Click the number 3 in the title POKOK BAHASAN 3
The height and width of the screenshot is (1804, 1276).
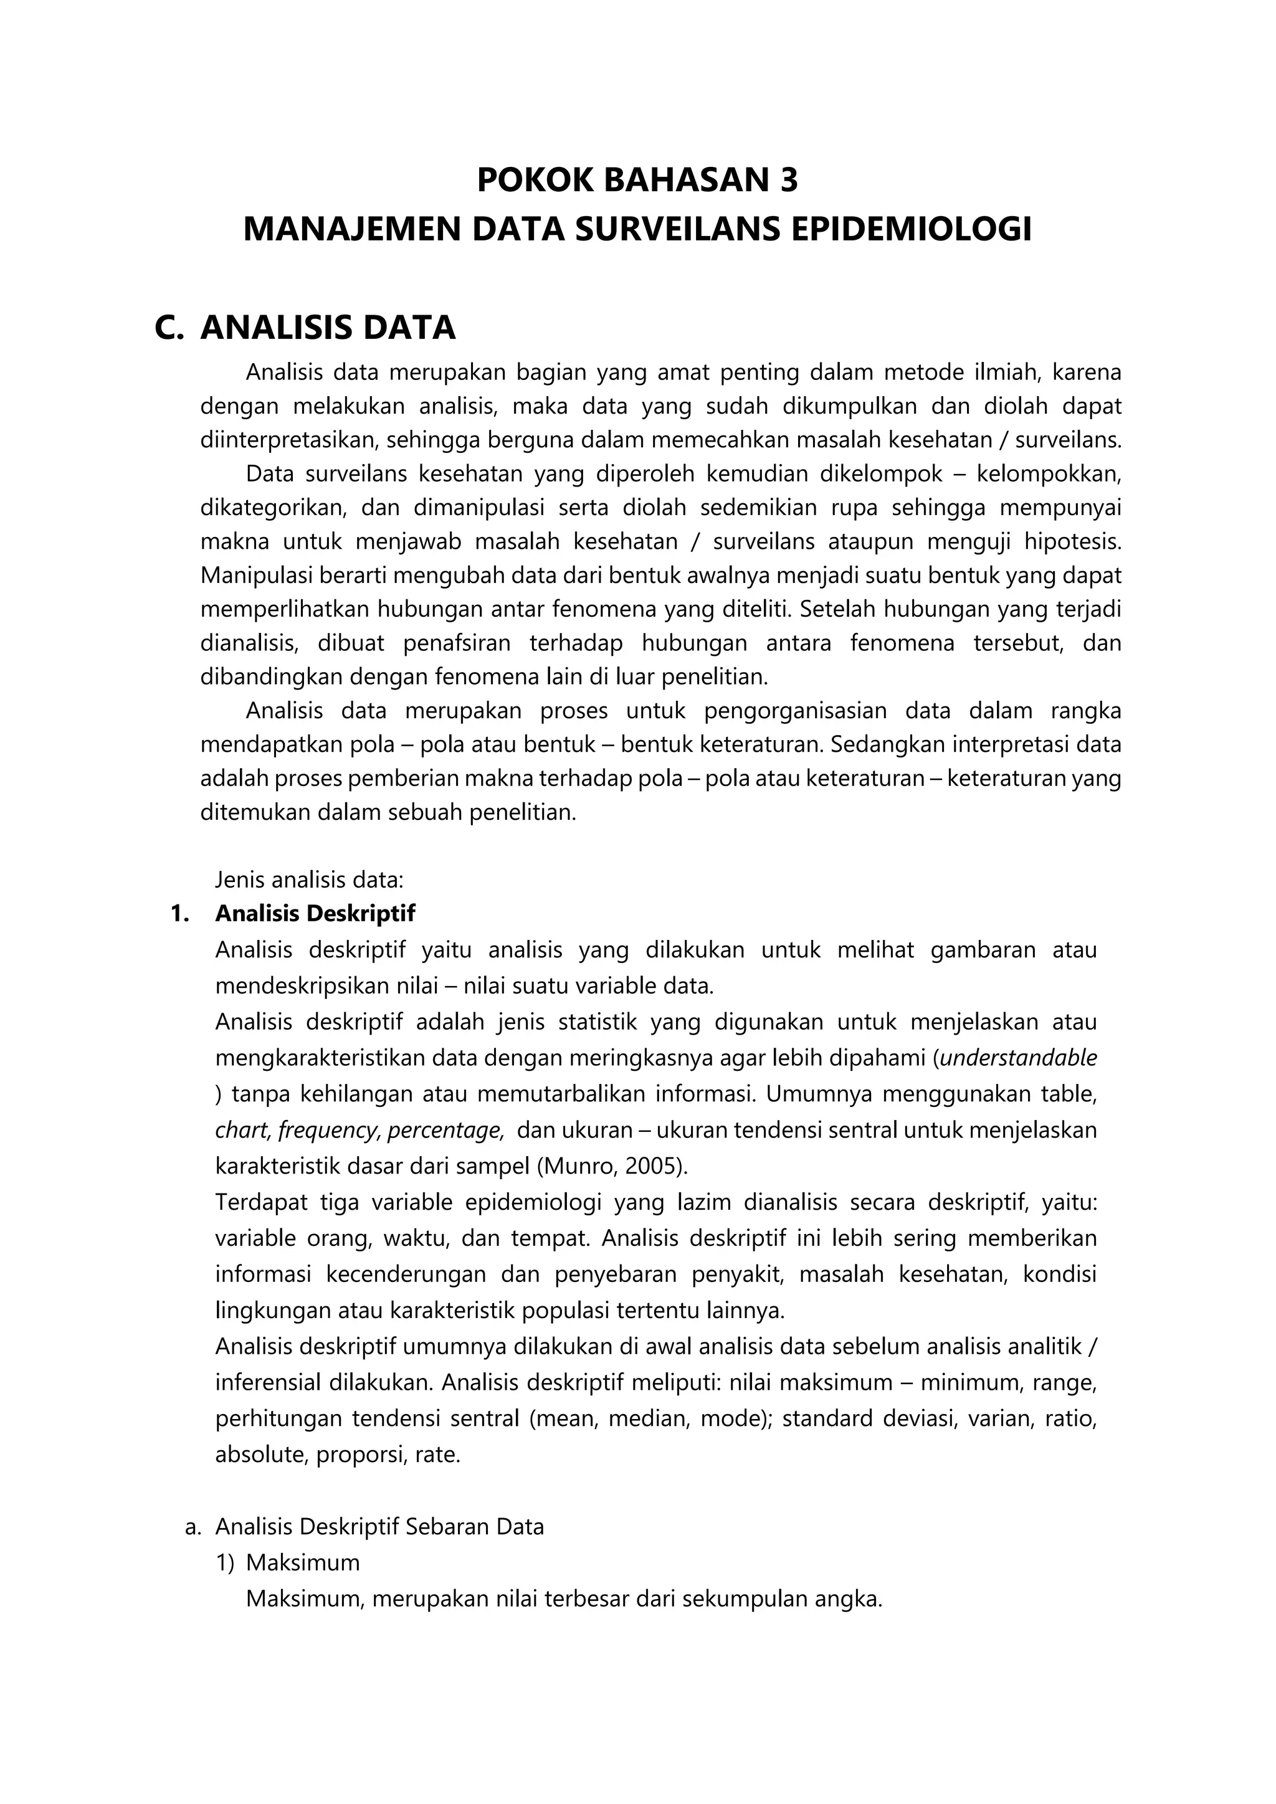[788, 181]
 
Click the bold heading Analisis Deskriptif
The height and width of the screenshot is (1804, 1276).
[315, 914]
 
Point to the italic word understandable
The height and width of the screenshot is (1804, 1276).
[1018, 1058]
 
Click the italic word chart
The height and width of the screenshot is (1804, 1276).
[242, 1130]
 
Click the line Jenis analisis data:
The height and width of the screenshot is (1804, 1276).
[310, 878]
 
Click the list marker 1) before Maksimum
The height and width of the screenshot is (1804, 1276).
[225, 1563]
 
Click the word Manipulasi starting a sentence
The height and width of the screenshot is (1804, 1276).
[254, 576]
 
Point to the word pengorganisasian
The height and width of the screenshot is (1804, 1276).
[794, 711]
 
